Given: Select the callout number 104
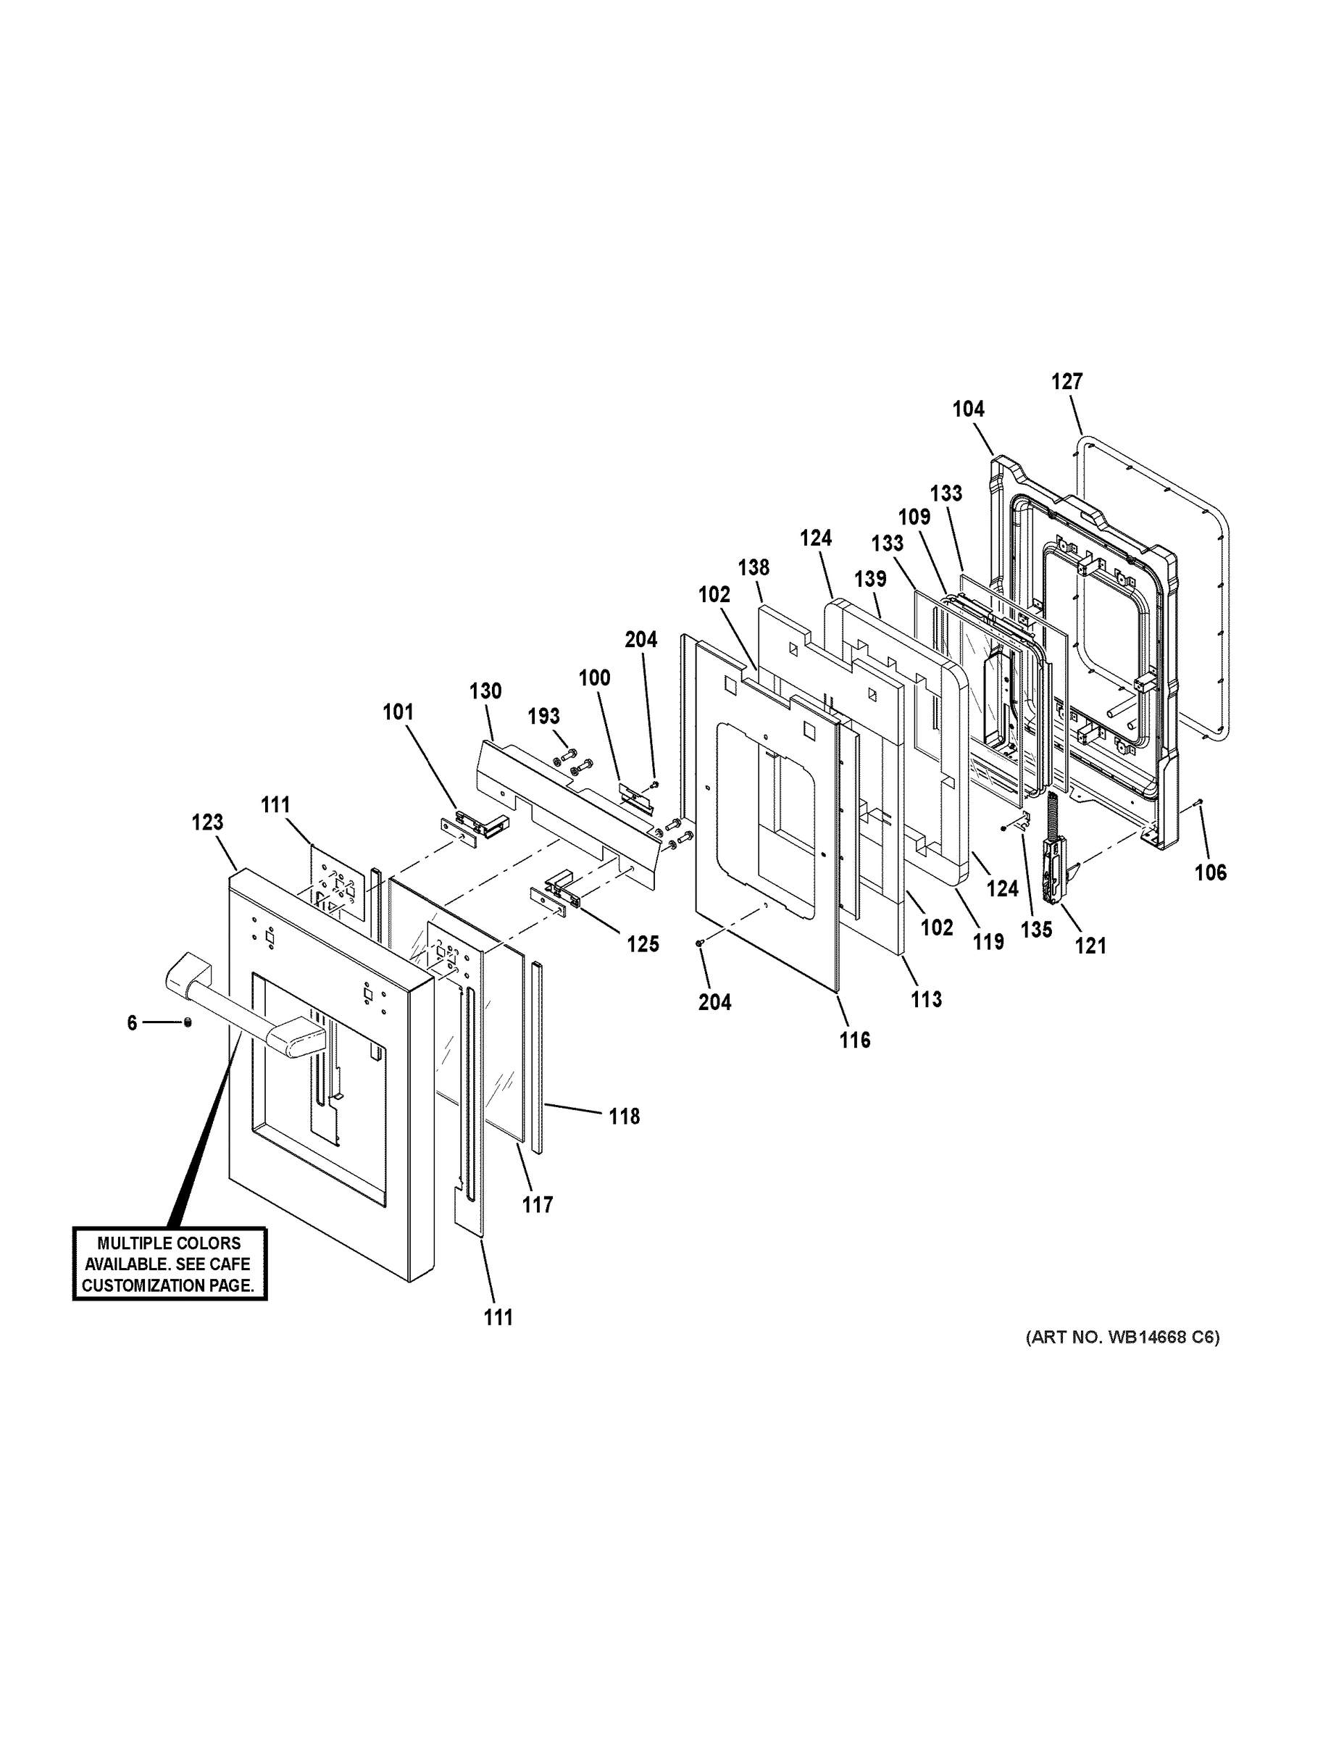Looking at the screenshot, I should (968, 409).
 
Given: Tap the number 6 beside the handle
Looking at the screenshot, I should (132, 1023).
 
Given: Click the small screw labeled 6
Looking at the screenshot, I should (187, 1022).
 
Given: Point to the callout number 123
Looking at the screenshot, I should (207, 822).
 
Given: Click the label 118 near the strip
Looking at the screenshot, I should (625, 1117).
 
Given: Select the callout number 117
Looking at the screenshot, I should (538, 1206).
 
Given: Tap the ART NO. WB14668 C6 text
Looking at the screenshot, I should (1122, 1337).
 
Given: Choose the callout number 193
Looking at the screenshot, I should (544, 717).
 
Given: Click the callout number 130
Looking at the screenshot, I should (485, 691).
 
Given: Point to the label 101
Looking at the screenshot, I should (398, 712).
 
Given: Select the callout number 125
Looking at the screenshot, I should (643, 944).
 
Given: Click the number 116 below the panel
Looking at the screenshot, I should (854, 1040).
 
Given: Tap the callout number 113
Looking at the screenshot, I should (926, 999).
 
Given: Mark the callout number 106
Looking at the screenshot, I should (1210, 872).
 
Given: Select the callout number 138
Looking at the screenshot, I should (754, 568).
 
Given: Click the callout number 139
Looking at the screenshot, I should (869, 579).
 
